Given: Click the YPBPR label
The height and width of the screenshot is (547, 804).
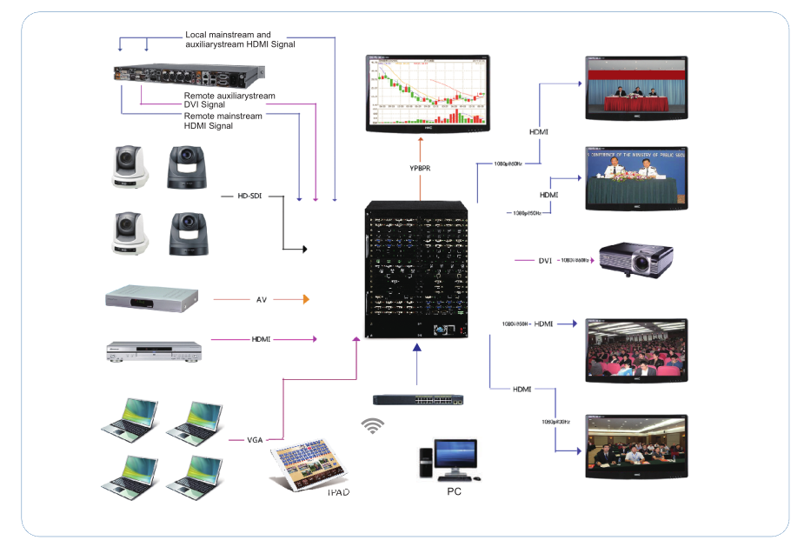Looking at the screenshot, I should coord(421,168).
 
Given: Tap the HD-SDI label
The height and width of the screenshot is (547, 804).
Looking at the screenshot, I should coord(249,197).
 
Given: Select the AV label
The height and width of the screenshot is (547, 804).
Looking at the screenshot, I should coord(261,300).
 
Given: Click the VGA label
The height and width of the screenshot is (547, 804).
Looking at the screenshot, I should coord(255,440).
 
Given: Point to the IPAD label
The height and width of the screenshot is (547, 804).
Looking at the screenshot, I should coord(339,493).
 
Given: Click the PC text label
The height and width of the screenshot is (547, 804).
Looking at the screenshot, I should coord(454,491).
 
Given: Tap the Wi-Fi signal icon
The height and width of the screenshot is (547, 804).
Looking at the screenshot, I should coord(372,425).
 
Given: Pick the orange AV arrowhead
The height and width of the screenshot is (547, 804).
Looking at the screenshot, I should coord(305,300).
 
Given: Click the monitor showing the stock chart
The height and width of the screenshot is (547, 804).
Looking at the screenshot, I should coord(427,93).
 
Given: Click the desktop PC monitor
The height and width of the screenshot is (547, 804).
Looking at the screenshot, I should coord(455,455).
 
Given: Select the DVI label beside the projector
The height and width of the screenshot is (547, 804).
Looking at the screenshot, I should coord(546,260).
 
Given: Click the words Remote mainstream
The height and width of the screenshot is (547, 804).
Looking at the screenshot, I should coord(223,116).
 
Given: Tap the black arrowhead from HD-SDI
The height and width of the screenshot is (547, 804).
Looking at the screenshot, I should coord(304,249).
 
